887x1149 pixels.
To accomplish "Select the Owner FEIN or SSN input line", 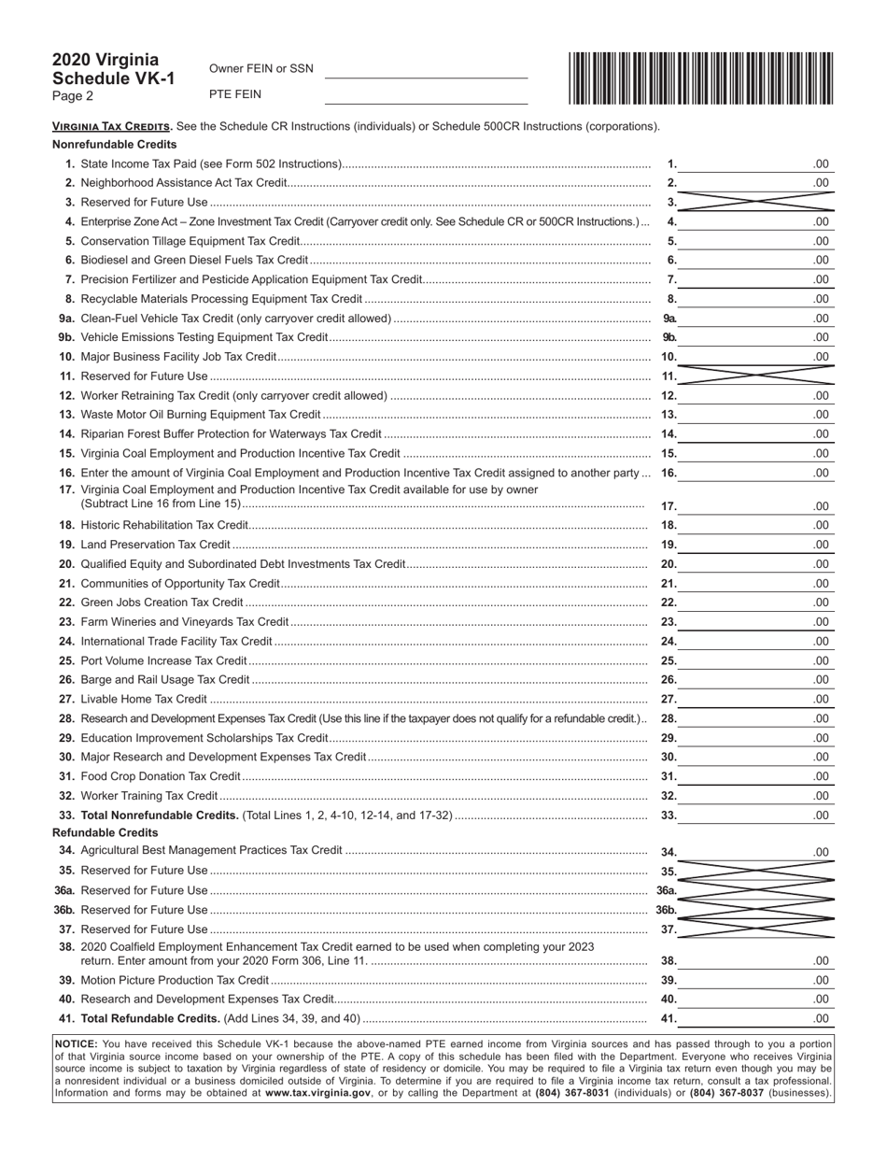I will point(426,70).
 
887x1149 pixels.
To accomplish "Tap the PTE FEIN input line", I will point(426,95).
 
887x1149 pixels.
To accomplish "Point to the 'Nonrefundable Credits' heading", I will point(114,145).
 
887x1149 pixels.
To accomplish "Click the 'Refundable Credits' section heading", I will point(105,832).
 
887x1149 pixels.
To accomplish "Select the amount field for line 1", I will point(755,164).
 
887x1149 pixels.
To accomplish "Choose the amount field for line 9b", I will point(755,337).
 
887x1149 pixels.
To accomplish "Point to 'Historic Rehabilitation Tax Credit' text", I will point(164,526).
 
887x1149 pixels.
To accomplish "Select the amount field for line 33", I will point(755,816).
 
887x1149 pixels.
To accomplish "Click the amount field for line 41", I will point(755,1018).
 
